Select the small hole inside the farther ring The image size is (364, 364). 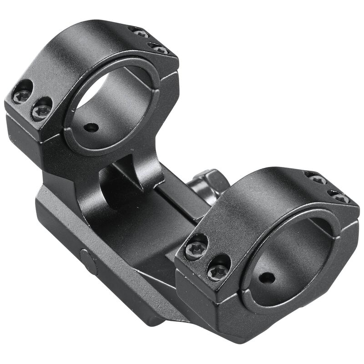(92, 127)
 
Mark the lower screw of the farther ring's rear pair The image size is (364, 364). (159, 49)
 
